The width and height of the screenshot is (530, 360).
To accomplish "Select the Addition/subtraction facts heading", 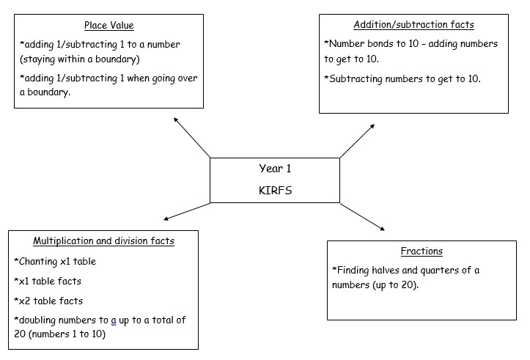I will tap(413, 25).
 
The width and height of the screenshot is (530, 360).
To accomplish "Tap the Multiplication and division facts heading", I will tap(103, 241).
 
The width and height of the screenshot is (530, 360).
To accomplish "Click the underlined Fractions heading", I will tap(422, 251).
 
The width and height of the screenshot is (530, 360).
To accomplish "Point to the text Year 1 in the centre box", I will tap(275, 169).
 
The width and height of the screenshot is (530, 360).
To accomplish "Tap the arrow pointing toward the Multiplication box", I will tap(187, 211).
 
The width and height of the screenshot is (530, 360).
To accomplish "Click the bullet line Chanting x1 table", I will tap(55, 261).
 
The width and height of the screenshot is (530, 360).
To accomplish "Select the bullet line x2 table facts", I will tap(48, 301).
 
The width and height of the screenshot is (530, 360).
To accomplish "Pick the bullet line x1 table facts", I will tap(48, 281).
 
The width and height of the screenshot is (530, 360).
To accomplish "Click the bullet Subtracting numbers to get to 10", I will tap(402, 79).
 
